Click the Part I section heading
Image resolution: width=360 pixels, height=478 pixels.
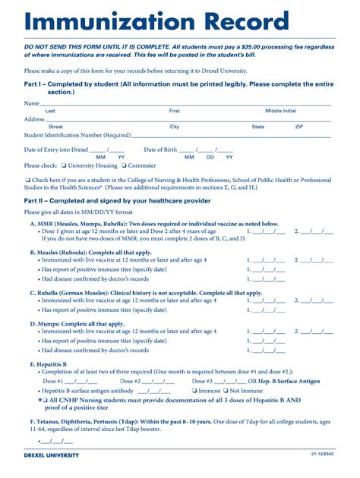[178, 86]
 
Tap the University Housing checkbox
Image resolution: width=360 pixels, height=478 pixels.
[63, 165]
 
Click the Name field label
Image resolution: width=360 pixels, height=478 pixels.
[31, 103]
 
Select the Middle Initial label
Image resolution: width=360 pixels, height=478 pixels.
[280, 111]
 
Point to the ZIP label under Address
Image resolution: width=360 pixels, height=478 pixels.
[298, 127]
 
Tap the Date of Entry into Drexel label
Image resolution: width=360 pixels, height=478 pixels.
[58, 149]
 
